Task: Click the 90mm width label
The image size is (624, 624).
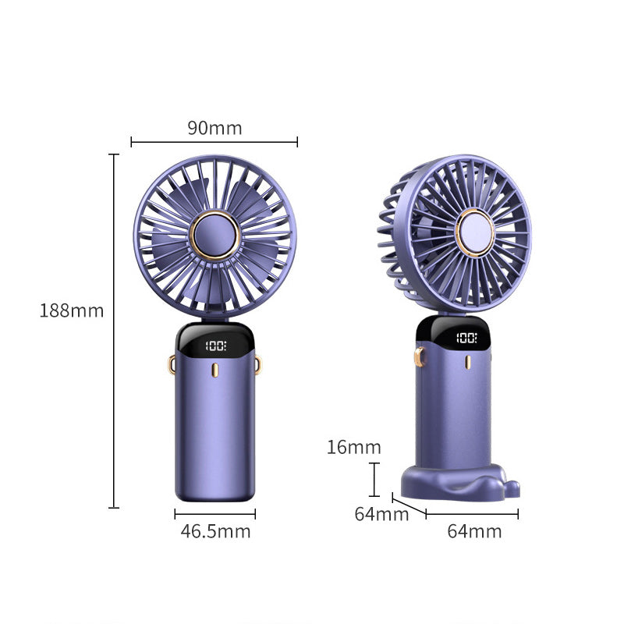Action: pyautogui.click(x=214, y=128)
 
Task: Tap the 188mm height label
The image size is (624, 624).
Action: pyautogui.click(x=72, y=310)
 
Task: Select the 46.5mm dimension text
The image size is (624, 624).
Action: pyautogui.click(x=215, y=532)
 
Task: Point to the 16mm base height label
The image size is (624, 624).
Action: pyautogui.click(x=354, y=447)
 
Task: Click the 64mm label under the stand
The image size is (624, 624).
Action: pyautogui.click(x=474, y=532)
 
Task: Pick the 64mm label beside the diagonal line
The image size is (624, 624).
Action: pyautogui.click(x=381, y=515)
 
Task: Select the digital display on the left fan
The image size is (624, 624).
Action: pyautogui.click(x=214, y=345)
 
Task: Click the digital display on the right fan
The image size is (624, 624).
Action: pyautogui.click(x=466, y=338)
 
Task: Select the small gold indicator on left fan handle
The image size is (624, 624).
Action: pyautogui.click(x=214, y=369)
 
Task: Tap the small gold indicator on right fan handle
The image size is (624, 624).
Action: pyautogui.click(x=468, y=363)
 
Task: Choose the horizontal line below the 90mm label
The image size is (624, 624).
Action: pyautogui.click(x=214, y=142)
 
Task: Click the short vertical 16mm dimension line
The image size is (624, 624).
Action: pyautogui.click(x=375, y=479)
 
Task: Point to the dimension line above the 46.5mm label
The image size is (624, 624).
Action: pyautogui.click(x=215, y=514)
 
